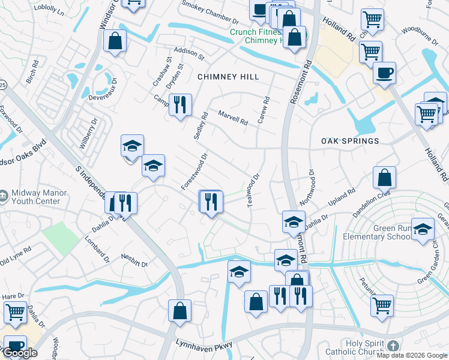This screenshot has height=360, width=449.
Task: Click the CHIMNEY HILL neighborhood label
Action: tap(228, 77)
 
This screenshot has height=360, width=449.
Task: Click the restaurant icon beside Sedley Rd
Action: tap(180, 105)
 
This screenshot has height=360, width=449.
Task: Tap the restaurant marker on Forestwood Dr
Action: tap(211, 202)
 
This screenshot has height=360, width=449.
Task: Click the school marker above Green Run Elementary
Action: tap(423, 228)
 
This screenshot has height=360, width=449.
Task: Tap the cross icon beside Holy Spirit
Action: tap(393, 346)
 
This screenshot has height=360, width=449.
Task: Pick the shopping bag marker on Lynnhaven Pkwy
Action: tap(179, 311)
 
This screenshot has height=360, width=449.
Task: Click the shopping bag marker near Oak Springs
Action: tap(384, 178)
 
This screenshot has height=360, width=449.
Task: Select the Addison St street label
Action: tap(189, 53)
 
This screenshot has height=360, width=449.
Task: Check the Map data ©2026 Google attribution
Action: tap(412, 355)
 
